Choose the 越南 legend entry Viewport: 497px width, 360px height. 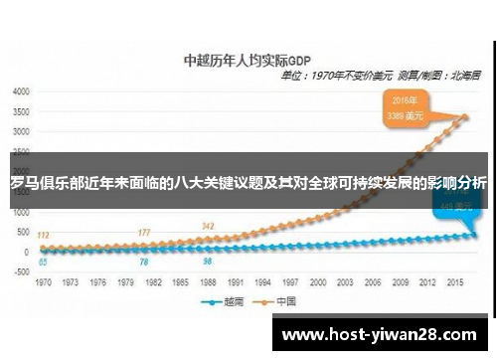[226, 301]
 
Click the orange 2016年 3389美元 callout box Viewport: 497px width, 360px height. [405, 107]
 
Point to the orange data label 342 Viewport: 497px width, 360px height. [207, 227]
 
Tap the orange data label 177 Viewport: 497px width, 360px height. [144, 233]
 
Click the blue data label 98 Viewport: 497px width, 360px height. [207, 262]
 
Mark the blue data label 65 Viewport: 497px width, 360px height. [44, 263]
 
